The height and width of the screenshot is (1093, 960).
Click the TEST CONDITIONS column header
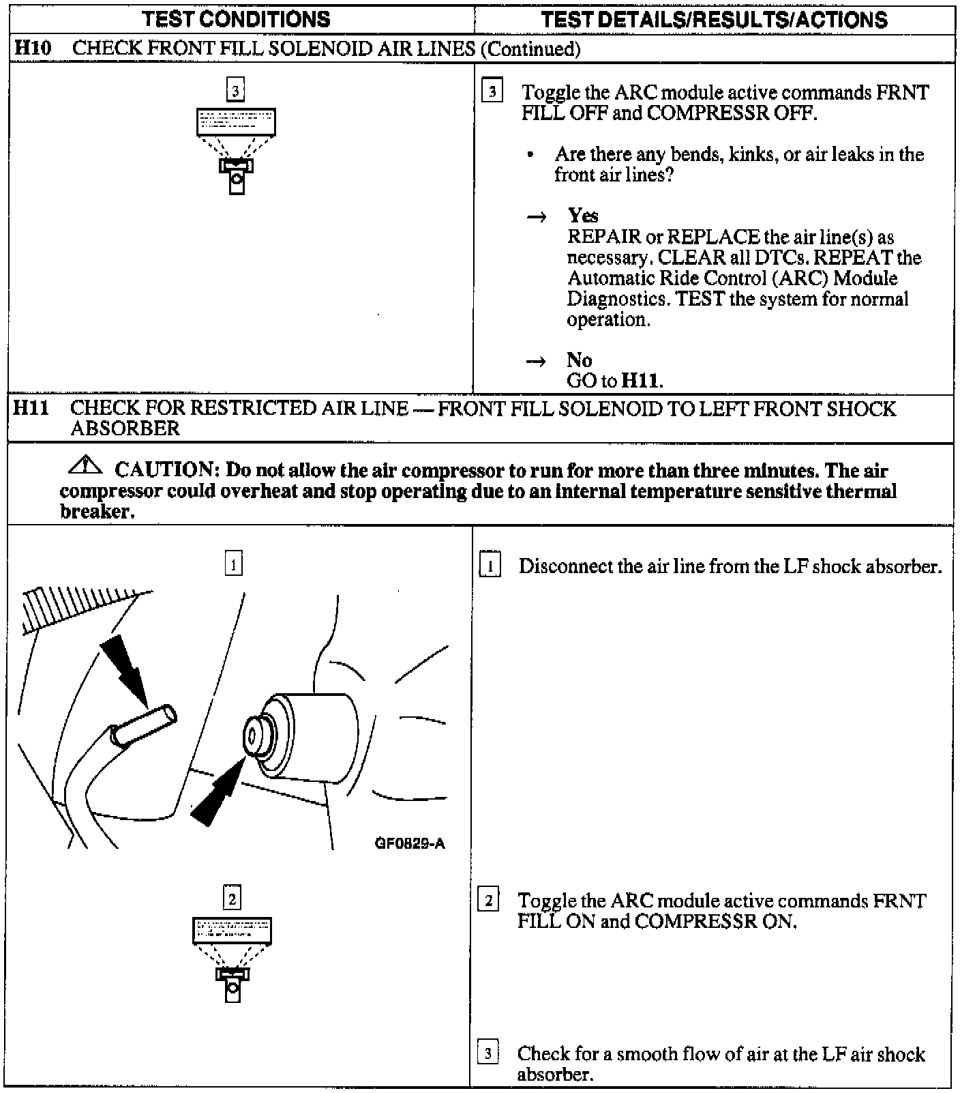pyautogui.click(x=237, y=19)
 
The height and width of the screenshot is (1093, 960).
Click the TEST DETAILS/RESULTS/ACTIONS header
pyautogui.click(x=714, y=19)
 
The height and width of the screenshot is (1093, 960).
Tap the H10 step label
pyautogui.click(x=33, y=48)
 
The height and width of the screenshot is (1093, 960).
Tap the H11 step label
pyautogui.click(x=31, y=408)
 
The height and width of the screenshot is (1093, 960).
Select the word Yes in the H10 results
pyautogui.click(x=583, y=216)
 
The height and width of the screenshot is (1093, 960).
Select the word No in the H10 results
pyautogui.click(x=579, y=360)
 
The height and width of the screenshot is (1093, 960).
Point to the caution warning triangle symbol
pyautogui.click(x=86, y=467)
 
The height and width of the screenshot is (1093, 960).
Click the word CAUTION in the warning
pyautogui.click(x=165, y=469)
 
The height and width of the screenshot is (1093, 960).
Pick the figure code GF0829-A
pyautogui.click(x=410, y=843)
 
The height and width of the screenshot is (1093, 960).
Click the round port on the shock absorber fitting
pyautogui.click(x=252, y=735)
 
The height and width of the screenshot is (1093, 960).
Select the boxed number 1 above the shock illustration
pyautogui.click(x=233, y=564)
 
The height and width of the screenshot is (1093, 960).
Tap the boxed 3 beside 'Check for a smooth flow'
pyautogui.click(x=487, y=1053)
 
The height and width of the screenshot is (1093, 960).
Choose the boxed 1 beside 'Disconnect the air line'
pyautogui.click(x=490, y=566)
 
